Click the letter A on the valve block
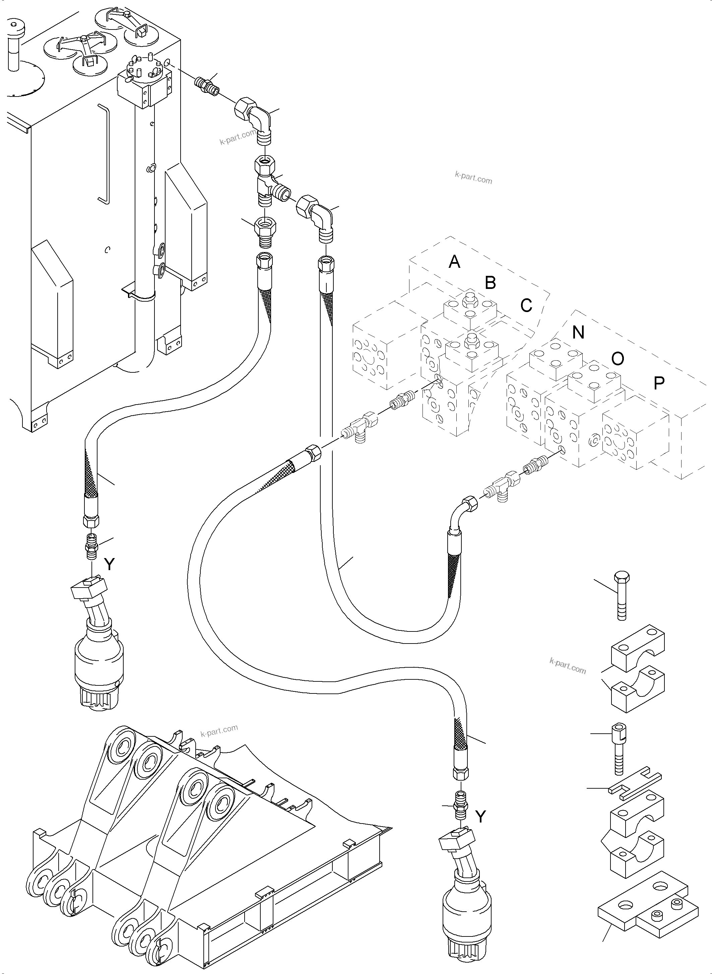click(454, 262)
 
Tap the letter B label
click(490, 283)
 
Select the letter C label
click(526, 305)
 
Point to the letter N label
click(578, 332)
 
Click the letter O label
click(618, 358)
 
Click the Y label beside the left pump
click(110, 564)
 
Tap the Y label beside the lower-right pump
click(480, 816)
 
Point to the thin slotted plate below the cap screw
click(635, 788)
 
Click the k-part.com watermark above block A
click(473, 177)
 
